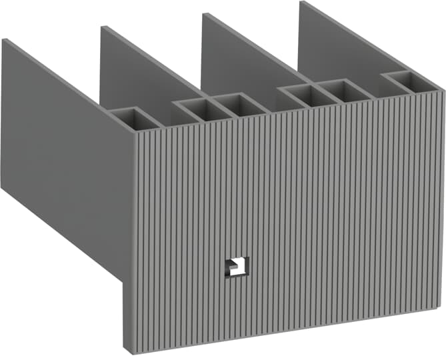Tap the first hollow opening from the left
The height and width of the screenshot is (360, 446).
pyautogui.click(x=135, y=119)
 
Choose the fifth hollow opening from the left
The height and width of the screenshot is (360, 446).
pyautogui.click(x=343, y=89)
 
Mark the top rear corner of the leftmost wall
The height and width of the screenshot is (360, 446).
pyautogui.click(x=3, y=39)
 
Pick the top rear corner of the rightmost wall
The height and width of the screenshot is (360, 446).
pyautogui.click(x=301, y=2)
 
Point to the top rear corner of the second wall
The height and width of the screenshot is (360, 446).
pyautogui.click(x=101, y=27)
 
